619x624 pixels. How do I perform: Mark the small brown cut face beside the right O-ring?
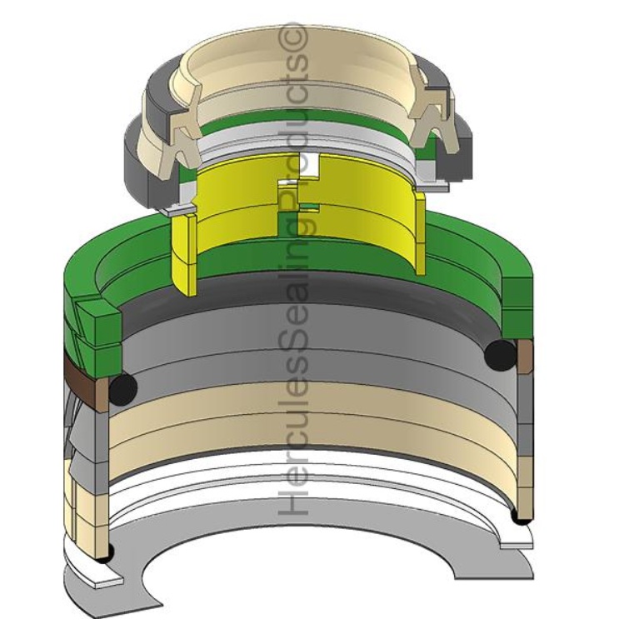tap(525, 353)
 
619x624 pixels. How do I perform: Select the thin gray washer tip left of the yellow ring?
tap(173, 212)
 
